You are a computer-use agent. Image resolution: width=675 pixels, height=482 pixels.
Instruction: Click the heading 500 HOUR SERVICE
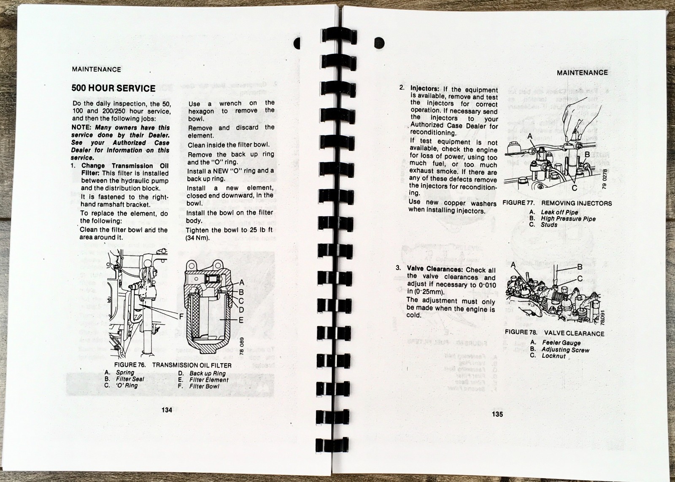[x=113, y=88]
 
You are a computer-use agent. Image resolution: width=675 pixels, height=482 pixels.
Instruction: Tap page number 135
[x=497, y=414]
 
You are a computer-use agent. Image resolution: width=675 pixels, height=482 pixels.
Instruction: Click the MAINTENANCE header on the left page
[x=97, y=70]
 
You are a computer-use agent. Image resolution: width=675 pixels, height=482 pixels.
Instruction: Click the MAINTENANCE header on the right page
[x=582, y=72]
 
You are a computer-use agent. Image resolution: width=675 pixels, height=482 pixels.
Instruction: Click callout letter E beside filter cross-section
[x=241, y=319]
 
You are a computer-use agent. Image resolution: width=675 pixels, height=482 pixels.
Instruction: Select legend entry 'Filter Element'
[x=208, y=380]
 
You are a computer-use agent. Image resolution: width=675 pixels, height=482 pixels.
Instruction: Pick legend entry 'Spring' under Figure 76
[x=125, y=373]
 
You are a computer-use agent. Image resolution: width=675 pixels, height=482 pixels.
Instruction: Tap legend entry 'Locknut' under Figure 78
[x=553, y=356]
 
